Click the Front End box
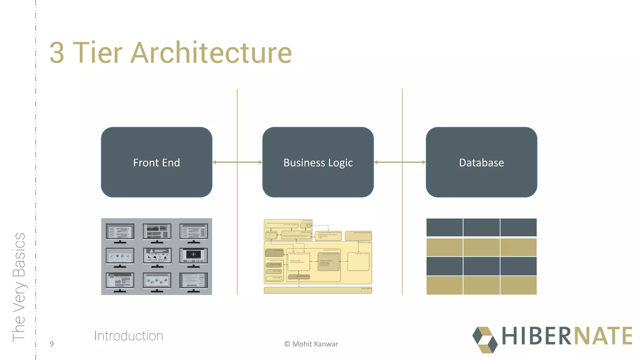tap(157, 162)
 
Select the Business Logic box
tap(318, 162)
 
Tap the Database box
tap(481, 162)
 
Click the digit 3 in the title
tap(57, 53)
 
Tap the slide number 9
tap(52, 344)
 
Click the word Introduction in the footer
tap(128, 336)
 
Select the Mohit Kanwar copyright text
tap(311, 344)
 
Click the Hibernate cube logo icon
tap(485, 340)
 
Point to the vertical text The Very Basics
tap(19, 287)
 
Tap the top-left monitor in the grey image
tap(120, 232)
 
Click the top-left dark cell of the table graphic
tap(444, 227)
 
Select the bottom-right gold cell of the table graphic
tap(518, 285)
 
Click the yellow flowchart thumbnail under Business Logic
tap(318, 256)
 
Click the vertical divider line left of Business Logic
tap(237, 219)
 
